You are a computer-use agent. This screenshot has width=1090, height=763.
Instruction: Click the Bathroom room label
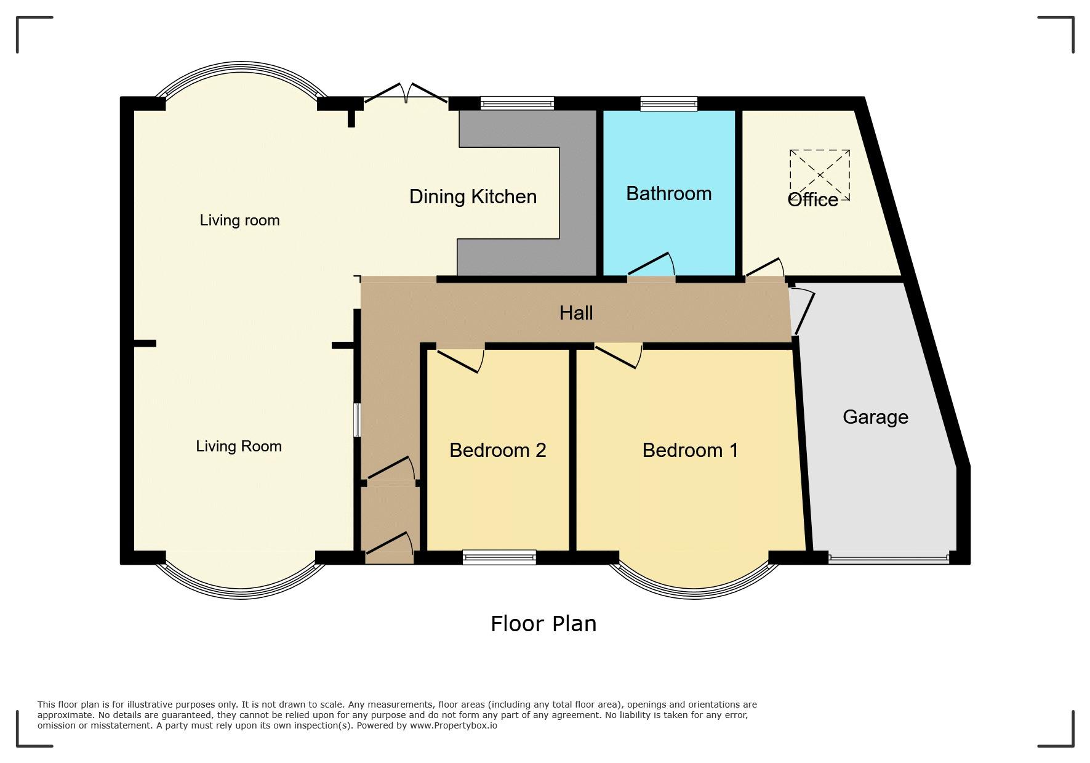coord(668,194)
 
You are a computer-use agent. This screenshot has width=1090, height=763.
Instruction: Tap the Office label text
coord(812,200)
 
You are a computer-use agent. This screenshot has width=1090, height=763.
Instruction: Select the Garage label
coord(875,418)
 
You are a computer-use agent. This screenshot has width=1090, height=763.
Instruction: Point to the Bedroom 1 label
coord(690,450)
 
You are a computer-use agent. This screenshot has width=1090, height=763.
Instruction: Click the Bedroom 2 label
coord(498,450)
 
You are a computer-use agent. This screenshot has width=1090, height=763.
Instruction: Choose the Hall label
coord(576,313)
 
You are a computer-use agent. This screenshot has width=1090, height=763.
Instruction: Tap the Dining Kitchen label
coord(473,196)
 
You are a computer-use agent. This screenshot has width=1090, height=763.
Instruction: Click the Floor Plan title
coord(543,624)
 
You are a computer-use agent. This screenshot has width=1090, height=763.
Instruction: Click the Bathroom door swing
coord(651,265)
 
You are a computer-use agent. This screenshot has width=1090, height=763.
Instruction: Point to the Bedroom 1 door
coord(619,356)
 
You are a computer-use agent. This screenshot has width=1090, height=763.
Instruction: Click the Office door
coord(764,268)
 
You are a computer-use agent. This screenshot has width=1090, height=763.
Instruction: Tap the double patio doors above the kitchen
coord(406,93)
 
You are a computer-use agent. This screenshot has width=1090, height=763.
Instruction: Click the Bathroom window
coord(668,103)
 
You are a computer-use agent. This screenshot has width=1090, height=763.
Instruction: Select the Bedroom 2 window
coord(499,557)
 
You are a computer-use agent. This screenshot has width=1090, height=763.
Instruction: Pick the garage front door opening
coord(889,559)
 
